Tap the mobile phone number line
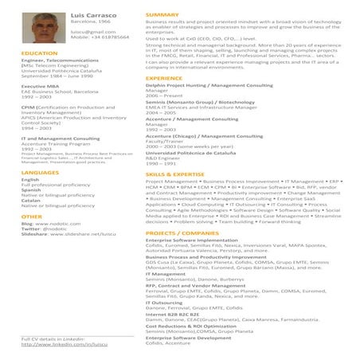tap(100, 37)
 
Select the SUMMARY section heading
tap(162, 15)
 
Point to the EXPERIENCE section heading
tap(164, 78)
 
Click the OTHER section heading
tap(32, 216)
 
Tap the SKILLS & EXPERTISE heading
tap(175, 173)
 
